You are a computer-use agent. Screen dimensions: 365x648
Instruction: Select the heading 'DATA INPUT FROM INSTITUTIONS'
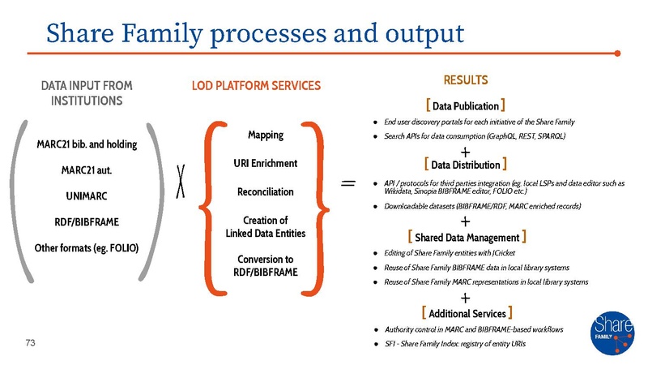tap(87, 92)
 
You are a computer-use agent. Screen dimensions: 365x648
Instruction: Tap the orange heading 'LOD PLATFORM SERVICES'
tap(256, 85)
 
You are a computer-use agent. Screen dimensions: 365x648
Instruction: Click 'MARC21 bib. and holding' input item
tap(87, 144)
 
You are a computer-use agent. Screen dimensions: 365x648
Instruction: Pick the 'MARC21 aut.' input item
tap(87, 170)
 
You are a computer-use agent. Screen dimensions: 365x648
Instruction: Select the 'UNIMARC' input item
tap(87, 195)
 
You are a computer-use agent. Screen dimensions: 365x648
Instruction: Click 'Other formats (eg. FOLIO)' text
tap(87, 247)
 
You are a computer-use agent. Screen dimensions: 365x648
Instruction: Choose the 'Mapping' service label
tap(265, 134)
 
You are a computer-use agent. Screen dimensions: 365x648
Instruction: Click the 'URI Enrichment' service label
tap(265, 163)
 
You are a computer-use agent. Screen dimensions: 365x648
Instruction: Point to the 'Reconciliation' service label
tap(265, 192)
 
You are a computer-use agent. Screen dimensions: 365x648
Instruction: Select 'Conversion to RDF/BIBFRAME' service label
tap(265, 264)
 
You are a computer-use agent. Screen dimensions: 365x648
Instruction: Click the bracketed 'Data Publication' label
tap(466, 105)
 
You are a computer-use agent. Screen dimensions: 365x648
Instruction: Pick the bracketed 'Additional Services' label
tap(466, 312)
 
